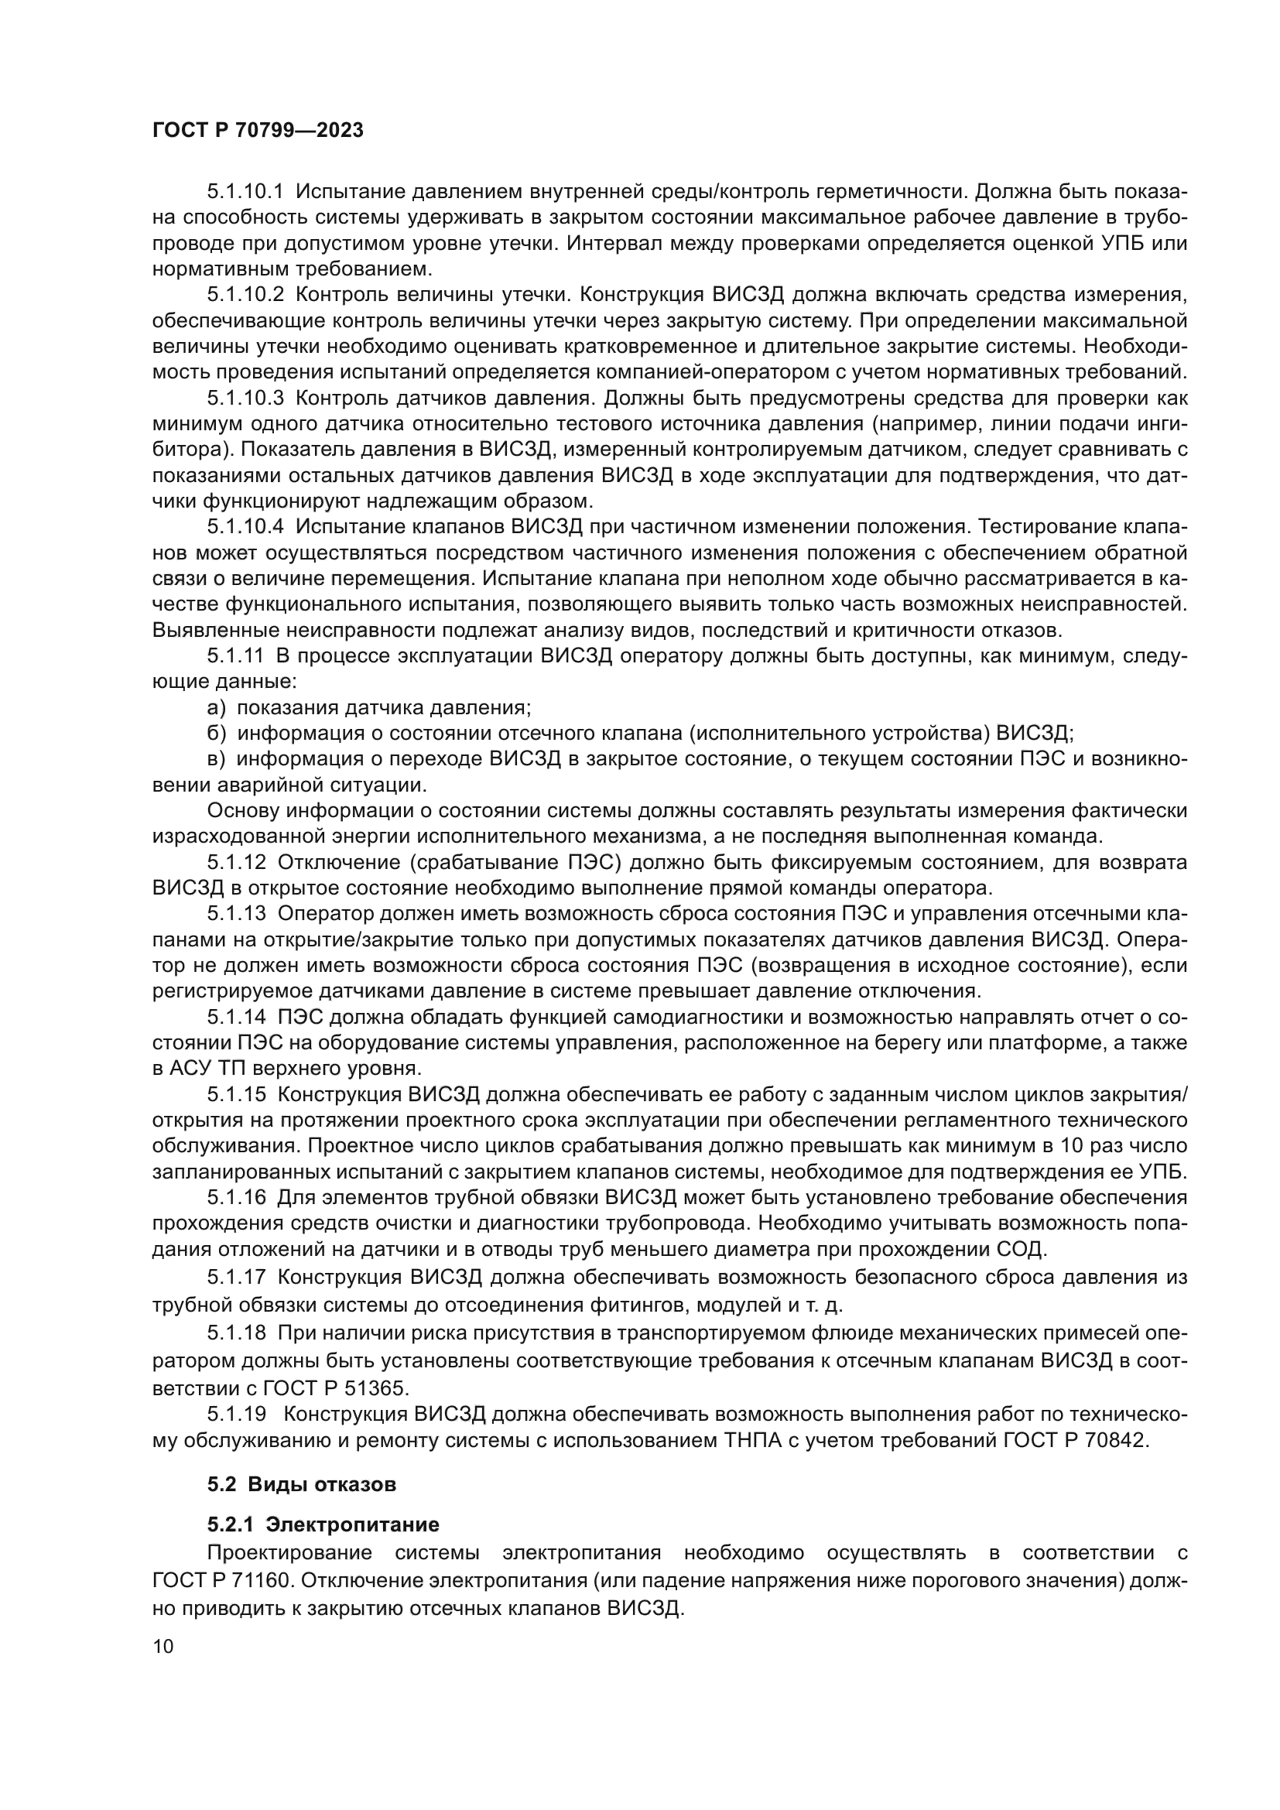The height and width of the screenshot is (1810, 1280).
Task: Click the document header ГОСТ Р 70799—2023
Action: click(x=258, y=131)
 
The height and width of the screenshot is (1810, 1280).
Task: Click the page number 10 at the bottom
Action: click(x=163, y=1646)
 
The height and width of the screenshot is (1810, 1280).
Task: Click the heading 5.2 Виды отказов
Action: click(x=302, y=1484)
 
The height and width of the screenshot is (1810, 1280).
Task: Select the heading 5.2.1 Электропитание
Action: click(x=323, y=1524)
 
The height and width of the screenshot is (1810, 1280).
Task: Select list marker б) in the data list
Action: click(x=217, y=734)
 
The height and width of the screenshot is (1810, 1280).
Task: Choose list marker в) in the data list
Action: click(x=217, y=759)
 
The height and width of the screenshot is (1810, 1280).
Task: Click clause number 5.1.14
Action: click(x=238, y=1018)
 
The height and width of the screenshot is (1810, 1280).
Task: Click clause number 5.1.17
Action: click(x=238, y=1276)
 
